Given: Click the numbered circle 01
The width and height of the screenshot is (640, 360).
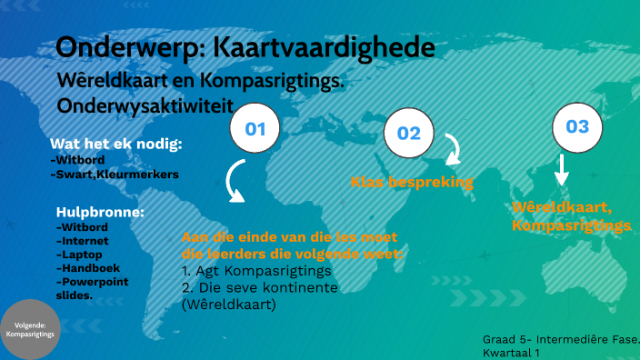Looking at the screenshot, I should point(255,128).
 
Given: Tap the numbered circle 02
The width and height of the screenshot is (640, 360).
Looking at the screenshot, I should point(409,134).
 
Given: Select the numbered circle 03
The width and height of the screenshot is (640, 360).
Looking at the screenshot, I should point(577,126).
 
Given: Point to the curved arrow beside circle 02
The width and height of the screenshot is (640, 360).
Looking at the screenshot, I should point(451,149).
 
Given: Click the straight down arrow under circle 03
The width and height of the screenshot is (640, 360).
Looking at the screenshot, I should point(562,170).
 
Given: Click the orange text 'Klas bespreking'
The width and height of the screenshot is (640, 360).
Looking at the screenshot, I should point(412,182).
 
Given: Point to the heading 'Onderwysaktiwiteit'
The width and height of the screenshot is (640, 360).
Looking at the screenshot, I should point(140,105).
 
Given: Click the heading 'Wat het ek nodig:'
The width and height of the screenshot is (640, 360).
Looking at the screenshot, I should point(116,144).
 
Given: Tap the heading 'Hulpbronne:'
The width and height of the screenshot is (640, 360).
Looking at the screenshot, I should point(100,212).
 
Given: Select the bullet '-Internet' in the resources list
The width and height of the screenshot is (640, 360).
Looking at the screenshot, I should point(83,241).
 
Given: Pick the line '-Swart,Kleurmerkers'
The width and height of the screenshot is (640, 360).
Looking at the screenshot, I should point(115,173).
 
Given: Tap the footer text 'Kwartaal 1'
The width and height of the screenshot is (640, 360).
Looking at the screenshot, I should point(512,351).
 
